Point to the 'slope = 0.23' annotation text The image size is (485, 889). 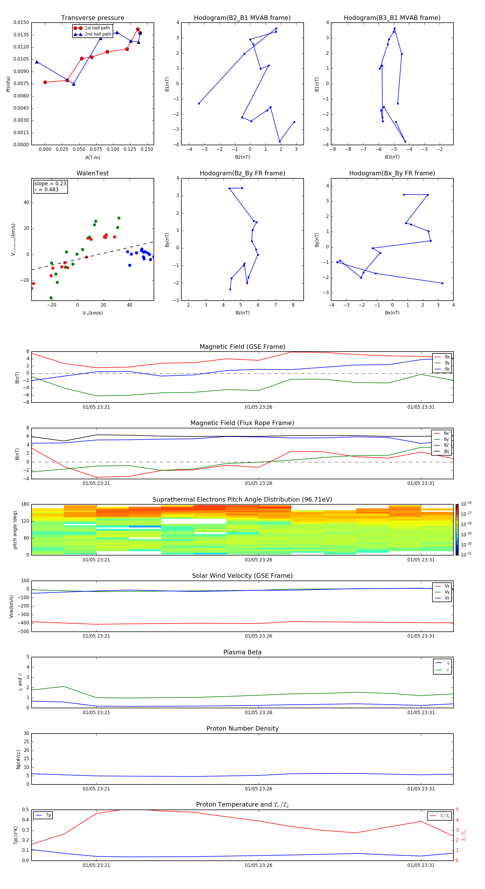click(x=50, y=184)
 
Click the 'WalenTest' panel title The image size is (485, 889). click(x=92, y=173)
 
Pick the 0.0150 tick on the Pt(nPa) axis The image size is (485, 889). click(x=21, y=22)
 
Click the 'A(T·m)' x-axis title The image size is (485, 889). click(x=92, y=157)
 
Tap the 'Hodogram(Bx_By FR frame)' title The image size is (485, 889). click(x=392, y=173)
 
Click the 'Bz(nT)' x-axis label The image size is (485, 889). click(x=242, y=313)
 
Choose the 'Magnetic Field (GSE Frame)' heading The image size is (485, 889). click(x=242, y=347)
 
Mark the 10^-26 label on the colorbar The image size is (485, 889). click(x=466, y=504)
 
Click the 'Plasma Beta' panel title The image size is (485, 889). click(x=242, y=652)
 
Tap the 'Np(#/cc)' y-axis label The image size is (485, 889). click(x=18, y=759)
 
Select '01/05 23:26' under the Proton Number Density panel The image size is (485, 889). click(x=258, y=789)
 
